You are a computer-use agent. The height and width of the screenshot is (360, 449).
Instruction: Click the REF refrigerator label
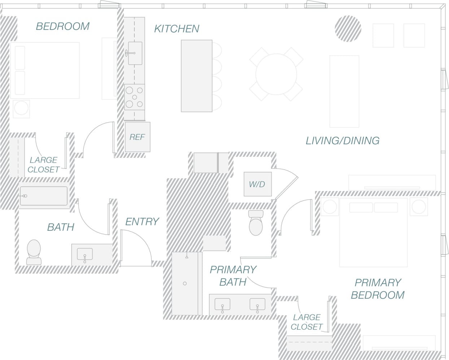tap(137, 137)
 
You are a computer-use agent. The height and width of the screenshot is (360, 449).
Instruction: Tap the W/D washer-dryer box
tap(257, 184)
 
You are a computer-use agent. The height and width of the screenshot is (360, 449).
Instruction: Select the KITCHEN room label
tap(176, 29)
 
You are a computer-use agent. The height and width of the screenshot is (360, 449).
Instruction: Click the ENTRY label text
tap(142, 221)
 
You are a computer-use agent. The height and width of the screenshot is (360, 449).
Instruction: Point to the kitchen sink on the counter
tap(135, 53)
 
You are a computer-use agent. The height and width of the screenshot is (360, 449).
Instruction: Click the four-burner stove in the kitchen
tap(135, 97)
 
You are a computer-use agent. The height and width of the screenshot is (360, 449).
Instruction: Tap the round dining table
tap(276, 74)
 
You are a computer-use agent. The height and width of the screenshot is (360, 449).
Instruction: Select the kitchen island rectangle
tap(196, 76)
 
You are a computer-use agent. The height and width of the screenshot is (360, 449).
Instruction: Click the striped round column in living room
tap(348, 29)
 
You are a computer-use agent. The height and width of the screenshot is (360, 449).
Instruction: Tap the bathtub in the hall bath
tap(44, 196)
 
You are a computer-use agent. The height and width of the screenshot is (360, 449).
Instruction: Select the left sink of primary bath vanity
tap(222, 305)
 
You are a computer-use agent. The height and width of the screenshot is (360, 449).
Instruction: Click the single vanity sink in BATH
tap(85, 255)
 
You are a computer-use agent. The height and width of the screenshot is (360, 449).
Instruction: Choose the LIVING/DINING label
tap(342, 140)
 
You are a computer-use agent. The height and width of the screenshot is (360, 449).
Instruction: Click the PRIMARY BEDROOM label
tap(378, 289)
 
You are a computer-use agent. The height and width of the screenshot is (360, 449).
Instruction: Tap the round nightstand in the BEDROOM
tap(21, 108)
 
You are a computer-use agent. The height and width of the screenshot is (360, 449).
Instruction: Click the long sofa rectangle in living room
tap(344, 91)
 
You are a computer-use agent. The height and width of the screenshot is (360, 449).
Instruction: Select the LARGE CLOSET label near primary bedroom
tap(306, 322)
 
